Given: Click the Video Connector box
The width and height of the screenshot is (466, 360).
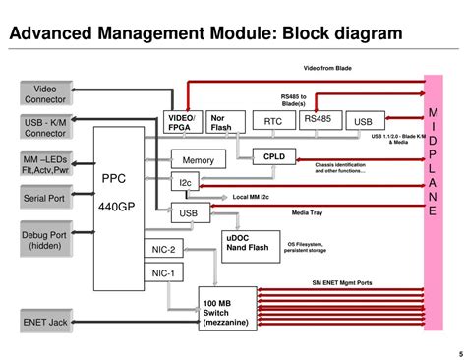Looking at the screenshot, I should (44, 94).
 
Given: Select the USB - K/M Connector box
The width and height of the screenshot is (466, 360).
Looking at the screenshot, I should (44, 126).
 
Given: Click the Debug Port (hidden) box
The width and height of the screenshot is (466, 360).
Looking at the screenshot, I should (44, 241).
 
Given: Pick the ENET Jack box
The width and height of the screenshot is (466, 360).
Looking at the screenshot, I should (44, 321).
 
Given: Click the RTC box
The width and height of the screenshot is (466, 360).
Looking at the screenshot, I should (273, 121).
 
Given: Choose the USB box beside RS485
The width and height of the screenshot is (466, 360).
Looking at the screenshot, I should (364, 121).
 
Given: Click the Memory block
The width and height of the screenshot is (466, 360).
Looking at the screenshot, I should (198, 160).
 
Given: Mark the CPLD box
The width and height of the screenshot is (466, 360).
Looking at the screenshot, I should (273, 156).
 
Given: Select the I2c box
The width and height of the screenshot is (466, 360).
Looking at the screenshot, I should (186, 183).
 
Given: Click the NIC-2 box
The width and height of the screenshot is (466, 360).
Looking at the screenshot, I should (164, 250).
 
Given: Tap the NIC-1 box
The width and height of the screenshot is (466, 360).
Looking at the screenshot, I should (164, 273).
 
